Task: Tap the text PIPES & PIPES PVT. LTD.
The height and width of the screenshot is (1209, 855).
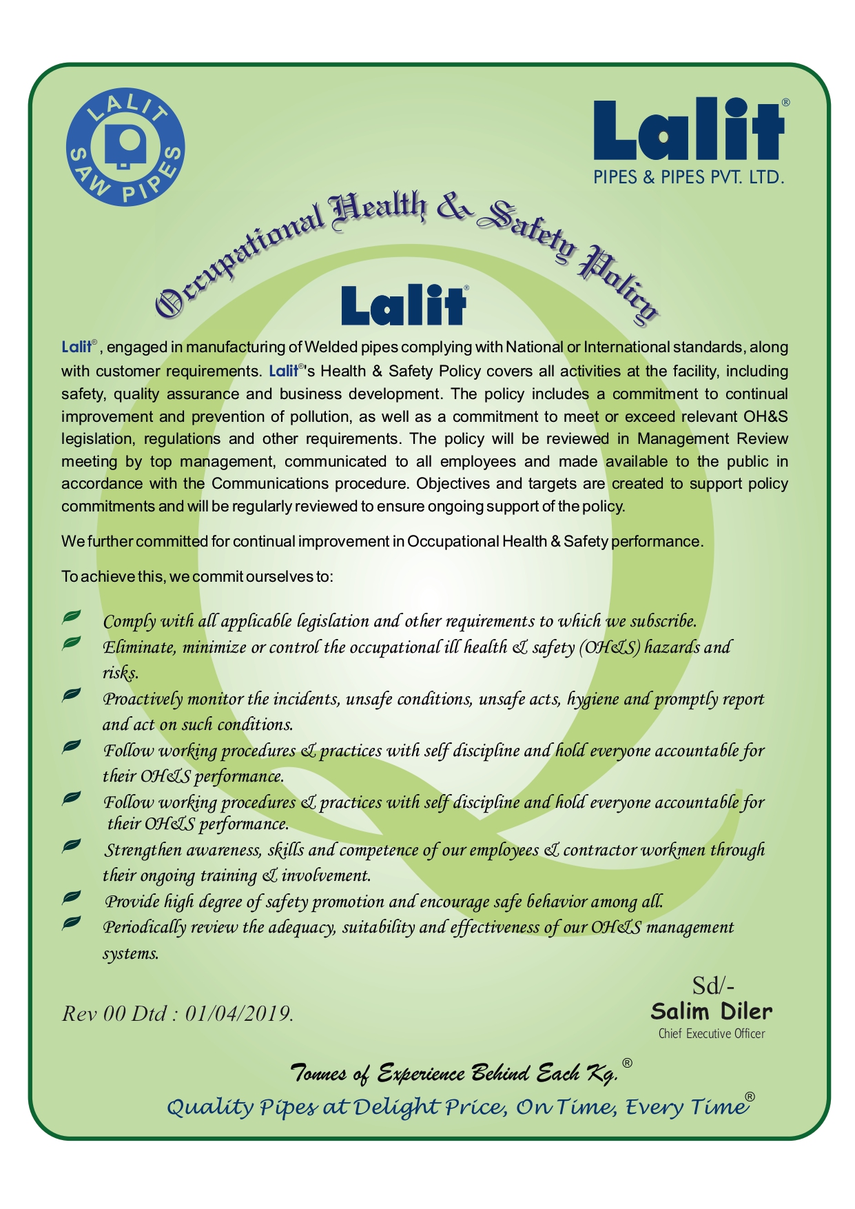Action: pos(689,177)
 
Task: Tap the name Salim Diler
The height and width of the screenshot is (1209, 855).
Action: pos(711,1011)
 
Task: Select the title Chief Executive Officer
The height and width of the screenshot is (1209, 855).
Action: pos(711,1033)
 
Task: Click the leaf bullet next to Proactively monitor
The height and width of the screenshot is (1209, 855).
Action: pos(72,695)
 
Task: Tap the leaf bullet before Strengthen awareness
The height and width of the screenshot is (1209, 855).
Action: pos(72,846)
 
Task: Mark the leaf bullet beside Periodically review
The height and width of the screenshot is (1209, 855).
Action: pos(72,923)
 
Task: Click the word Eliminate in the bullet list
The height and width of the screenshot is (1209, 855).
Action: pos(138,647)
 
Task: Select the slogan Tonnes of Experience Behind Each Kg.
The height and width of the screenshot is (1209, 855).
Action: pos(455,1073)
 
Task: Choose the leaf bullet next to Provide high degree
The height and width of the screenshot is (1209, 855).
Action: pos(72,897)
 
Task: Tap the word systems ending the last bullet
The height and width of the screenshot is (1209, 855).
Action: pos(130,953)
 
